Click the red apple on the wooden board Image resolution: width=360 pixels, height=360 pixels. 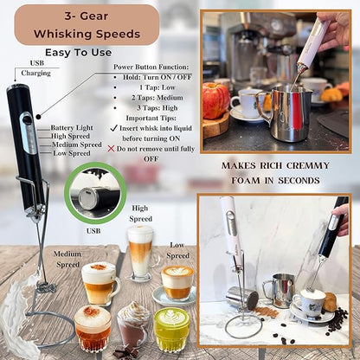click(216, 100)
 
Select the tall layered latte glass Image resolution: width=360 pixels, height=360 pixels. click(140, 252)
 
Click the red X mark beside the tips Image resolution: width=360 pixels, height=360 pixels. click(110, 148)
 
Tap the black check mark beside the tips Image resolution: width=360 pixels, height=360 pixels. click(114, 128)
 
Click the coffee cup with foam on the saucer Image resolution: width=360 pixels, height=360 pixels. click(308, 303)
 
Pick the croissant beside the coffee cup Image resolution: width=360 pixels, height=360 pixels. click(330, 302)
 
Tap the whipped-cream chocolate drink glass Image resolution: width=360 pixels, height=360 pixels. click(132, 325)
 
